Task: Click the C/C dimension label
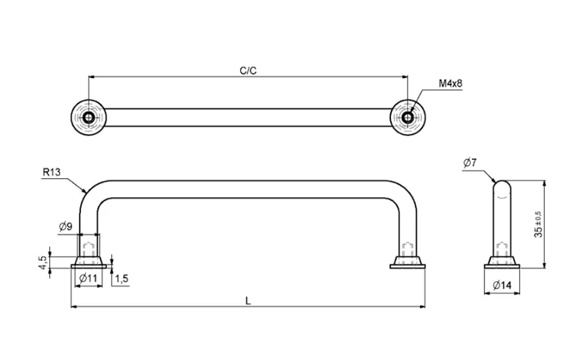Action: pyautogui.click(x=248, y=70)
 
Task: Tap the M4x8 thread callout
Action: pyautogui.click(x=450, y=83)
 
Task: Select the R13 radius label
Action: pyautogui.click(x=52, y=173)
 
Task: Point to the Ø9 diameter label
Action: pyautogui.click(x=66, y=226)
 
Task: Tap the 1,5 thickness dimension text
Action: pyautogui.click(x=121, y=280)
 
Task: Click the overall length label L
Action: pyautogui.click(x=249, y=300)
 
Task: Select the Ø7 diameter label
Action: pyautogui.click(x=469, y=163)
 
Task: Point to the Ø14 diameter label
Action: pyautogui.click(x=501, y=285)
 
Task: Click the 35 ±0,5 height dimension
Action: pyautogui.click(x=538, y=224)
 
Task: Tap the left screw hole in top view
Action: pyautogui.click(x=89, y=117)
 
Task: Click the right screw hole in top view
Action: pyautogui.click(x=408, y=117)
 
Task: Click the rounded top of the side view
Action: pyautogui.click(x=501, y=183)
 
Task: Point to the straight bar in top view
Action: pyautogui.click(x=249, y=117)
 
